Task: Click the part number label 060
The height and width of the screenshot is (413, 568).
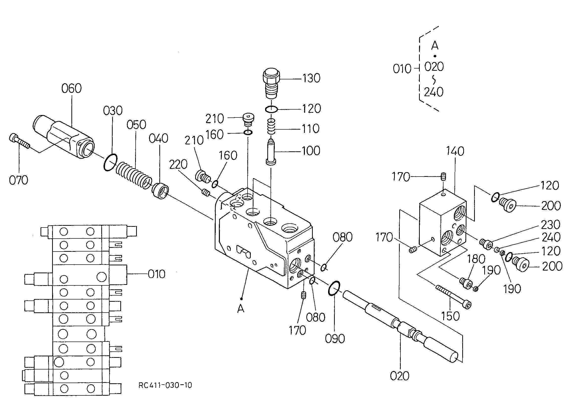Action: (72, 89)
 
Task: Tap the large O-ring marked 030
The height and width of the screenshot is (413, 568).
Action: (110, 163)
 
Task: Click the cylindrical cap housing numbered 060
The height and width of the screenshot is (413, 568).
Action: (63, 137)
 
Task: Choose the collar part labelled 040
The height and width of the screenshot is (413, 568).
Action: (160, 191)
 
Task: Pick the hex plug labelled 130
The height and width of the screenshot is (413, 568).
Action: (271, 84)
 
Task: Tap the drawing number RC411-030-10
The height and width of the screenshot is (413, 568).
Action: (165, 385)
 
